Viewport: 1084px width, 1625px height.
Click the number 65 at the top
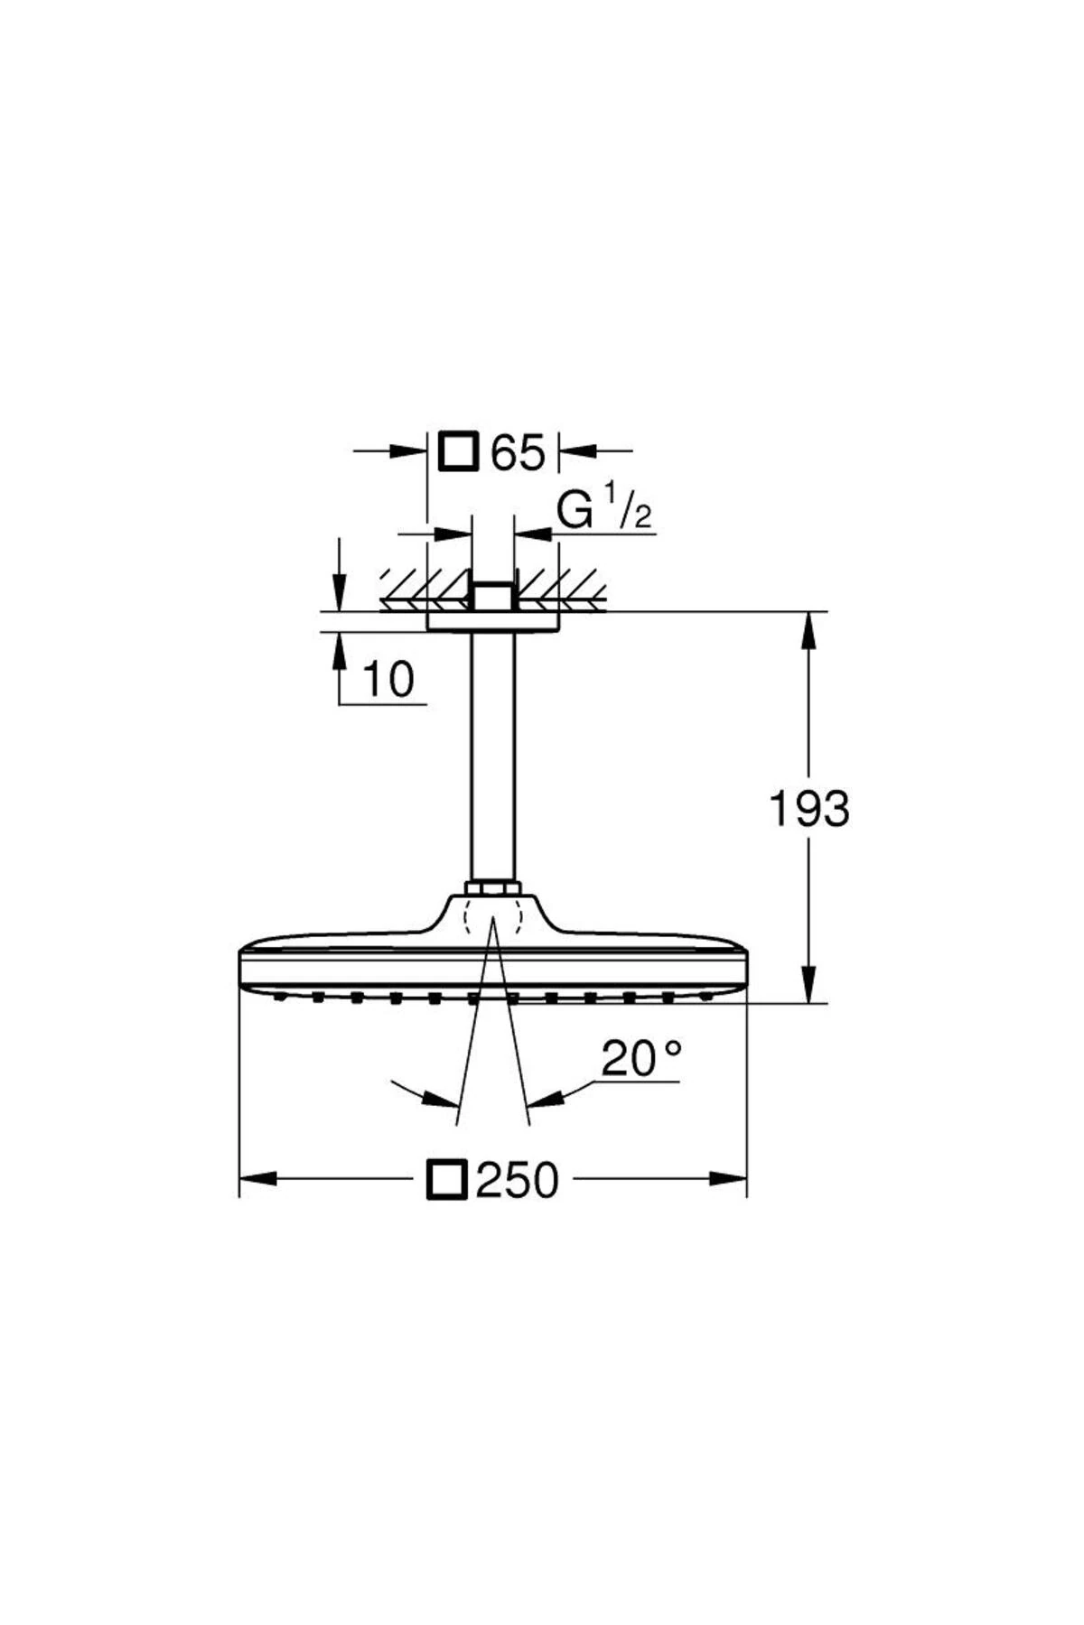coord(519,453)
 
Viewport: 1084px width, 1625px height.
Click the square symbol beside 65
coord(458,451)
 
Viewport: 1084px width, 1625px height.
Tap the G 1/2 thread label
coord(603,512)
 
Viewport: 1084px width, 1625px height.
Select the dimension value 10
coord(388,680)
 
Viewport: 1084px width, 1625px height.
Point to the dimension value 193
coord(808,809)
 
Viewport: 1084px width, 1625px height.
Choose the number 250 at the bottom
coord(518,1181)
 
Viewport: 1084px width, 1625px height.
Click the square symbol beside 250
coord(446,1180)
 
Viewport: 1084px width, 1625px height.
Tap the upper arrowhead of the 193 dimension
coord(808,627)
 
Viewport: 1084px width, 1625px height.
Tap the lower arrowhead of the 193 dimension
coord(808,986)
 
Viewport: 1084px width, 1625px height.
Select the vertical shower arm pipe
coord(492,758)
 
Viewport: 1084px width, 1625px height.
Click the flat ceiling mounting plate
coord(493,622)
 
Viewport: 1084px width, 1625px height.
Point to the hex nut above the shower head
coord(492,889)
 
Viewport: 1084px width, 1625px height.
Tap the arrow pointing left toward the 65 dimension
coord(578,449)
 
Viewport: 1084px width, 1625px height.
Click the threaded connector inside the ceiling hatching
coord(492,595)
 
